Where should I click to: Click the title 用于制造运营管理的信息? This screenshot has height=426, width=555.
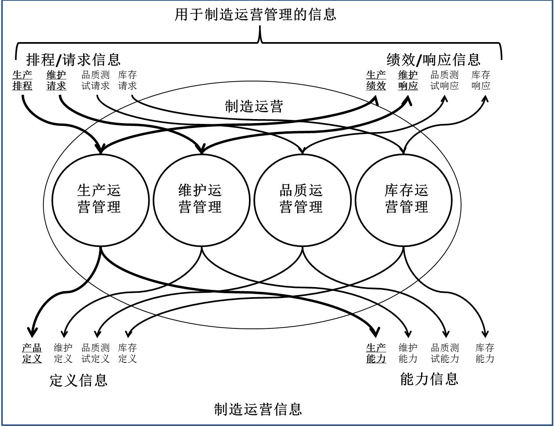[255, 15]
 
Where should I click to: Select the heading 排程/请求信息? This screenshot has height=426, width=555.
[73, 60]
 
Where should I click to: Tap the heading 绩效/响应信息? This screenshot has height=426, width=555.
[434, 60]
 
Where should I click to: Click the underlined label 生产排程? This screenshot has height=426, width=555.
[22, 80]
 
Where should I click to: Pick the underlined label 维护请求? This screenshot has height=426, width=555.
[56, 80]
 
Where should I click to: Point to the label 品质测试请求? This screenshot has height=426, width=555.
[96, 80]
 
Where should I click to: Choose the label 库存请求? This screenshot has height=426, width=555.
[128, 80]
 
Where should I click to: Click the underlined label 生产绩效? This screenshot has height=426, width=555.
[376, 80]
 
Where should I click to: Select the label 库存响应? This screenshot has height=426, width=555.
[481, 80]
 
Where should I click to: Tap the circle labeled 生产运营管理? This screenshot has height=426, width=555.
[100, 199]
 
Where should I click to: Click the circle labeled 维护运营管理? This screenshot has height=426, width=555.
[201, 199]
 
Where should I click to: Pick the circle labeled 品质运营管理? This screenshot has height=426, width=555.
[302, 199]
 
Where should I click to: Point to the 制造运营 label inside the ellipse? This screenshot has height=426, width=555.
[254, 106]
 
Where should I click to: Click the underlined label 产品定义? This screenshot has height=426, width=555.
[32, 353]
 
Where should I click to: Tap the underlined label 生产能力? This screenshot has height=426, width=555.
[376, 353]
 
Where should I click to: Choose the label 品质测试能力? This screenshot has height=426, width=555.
[445, 353]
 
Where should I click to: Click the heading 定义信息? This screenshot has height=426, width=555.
[78, 380]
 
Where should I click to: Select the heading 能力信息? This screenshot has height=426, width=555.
[429, 379]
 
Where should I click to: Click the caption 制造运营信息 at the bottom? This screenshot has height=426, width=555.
[258, 409]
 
